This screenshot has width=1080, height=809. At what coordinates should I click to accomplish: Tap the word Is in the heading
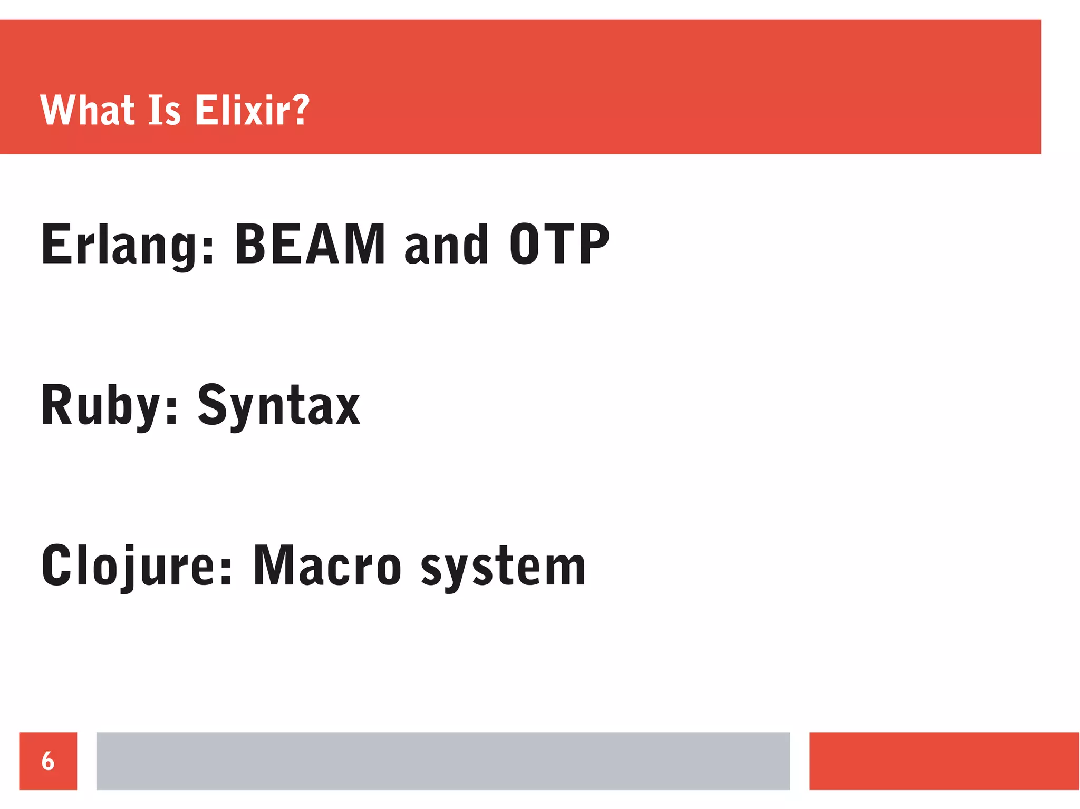165,110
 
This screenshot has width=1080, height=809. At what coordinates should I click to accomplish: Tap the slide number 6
48,761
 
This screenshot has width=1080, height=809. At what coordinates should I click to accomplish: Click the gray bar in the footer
443,761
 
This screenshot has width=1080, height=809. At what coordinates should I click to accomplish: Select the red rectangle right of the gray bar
944,761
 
